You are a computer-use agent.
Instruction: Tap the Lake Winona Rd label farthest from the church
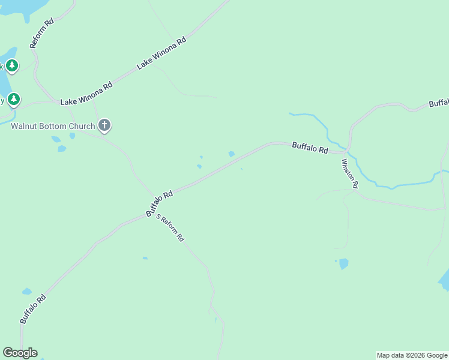[161, 53]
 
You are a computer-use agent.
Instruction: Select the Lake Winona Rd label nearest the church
[86, 95]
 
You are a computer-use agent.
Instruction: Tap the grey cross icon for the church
[104, 125]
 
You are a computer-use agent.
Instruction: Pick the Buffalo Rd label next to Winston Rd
[310, 148]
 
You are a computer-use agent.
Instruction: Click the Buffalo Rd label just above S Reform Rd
[159, 203]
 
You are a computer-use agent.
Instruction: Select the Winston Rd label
[350, 173]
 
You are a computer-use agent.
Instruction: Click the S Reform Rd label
[170, 227]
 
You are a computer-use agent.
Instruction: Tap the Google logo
[20, 353]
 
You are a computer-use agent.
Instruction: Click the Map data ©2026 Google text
[412, 355]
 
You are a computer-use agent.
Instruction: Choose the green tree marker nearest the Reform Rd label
[13, 65]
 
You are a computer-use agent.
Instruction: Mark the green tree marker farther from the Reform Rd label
[14, 99]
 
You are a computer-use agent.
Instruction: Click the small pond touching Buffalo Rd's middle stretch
[231, 154]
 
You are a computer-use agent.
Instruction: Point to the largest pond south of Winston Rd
[343, 263]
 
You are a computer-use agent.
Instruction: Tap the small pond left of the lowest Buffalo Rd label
[26, 292]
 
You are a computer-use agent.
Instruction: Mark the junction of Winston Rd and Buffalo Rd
[348, 151]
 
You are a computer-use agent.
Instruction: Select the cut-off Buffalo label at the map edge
[439, 103]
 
